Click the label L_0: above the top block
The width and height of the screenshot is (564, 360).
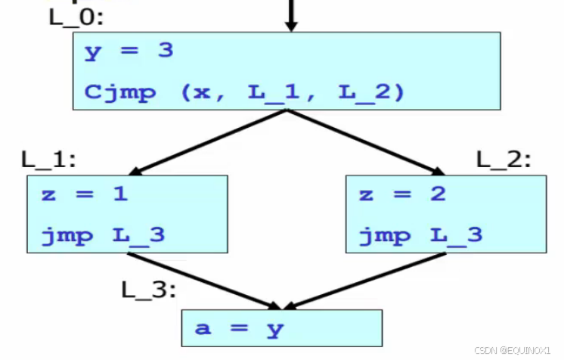click(73, 17)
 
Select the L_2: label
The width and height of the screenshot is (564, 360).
click(504, 160)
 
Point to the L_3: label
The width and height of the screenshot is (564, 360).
click(148, 289)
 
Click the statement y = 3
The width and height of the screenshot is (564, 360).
click(129, 51)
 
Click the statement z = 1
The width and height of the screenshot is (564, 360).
click(85, 194)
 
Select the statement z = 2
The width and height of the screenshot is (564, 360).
click(403, 194)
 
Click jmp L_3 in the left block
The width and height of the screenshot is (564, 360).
click(103, 235)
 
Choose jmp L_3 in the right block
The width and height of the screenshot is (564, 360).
click(420, 235)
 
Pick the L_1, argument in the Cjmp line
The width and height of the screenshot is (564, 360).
click(284, 93)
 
